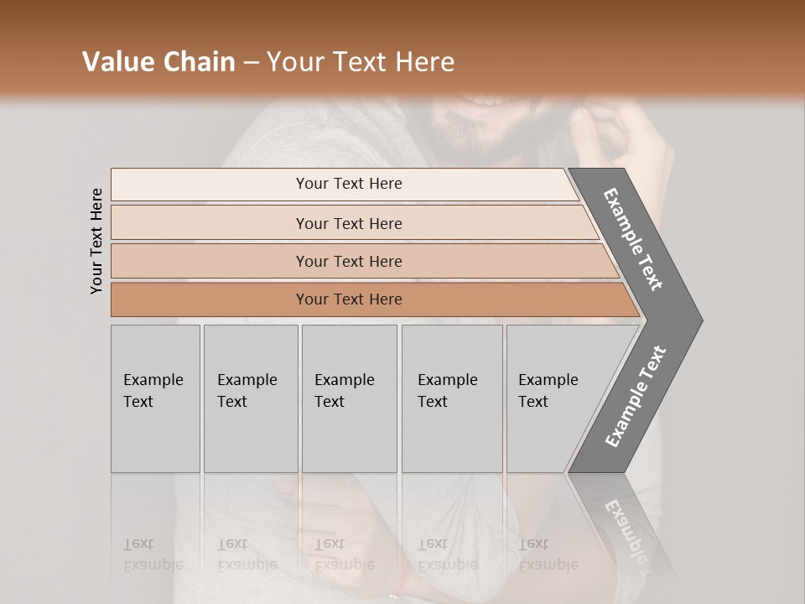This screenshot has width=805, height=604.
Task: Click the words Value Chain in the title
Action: pos(158,62)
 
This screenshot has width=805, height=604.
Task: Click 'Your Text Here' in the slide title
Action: pos(361,62)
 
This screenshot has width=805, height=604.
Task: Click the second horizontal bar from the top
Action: pos(349,223)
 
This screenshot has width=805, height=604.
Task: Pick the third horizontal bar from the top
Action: pos(349,261)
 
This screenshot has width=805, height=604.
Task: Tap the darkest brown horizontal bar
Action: pos(349,299)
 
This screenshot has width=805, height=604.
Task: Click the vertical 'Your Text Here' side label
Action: pos(96,241)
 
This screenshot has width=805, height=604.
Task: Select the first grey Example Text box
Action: pos(155,398)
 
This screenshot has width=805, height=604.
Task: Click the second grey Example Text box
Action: pos(250,398)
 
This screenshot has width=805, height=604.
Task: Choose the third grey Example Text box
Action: pos(349,398)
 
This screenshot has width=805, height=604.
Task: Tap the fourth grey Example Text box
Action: pos(451,398)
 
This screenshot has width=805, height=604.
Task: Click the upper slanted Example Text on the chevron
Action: pos(633,239)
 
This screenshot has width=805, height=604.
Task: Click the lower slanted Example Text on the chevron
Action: pos(636,396)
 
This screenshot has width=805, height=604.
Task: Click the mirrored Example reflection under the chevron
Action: pos(625,520)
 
